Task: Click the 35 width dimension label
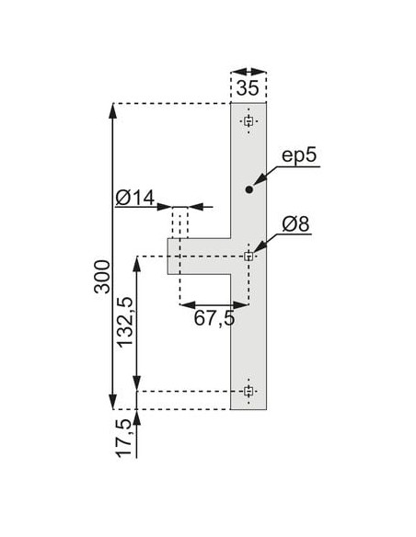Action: click(x=248, y=88)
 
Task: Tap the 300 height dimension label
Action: click(x=102, y=277)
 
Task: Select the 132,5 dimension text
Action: click(x=125, y=322)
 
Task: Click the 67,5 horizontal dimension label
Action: click(x=214, y=318)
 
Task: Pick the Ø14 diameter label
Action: click(x=135, y=198)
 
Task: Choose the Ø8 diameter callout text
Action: click(x=295, y=224)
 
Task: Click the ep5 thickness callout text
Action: click(x=299, y=155)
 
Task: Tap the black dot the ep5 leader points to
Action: click(x=249, y=189)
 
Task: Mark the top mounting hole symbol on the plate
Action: click(x=248, y=120)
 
